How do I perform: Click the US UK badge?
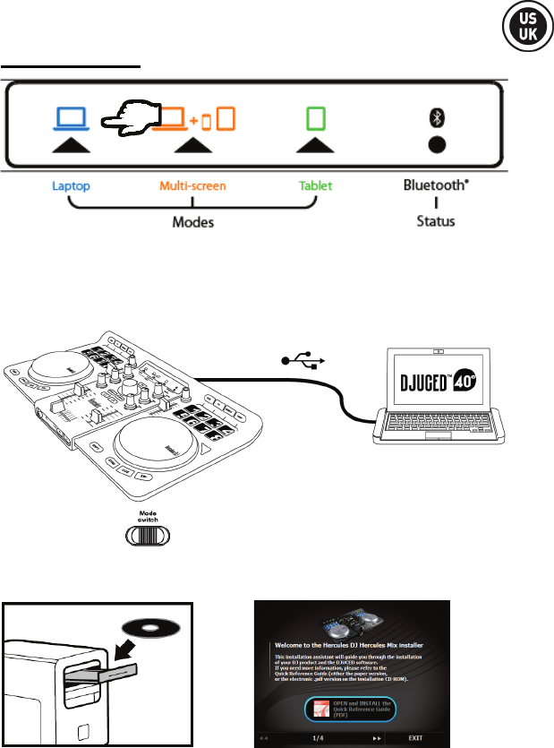click(520, 30)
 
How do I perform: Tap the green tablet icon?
click(313, 117)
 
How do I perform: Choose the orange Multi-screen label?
click(192, 186)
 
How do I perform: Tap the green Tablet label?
click(315, 186)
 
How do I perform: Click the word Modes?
click(192, 220)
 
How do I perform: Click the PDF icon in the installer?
click(317, 707)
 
